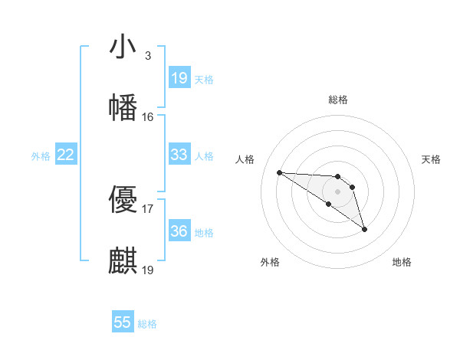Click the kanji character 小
(x=123, y=47)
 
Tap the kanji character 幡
(x=123, y=108)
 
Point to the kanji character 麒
(x=123, y=261)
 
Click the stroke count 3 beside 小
(x=147, y=56)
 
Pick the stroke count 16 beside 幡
(x=147, y=117)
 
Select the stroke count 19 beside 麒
(x=147, y=270)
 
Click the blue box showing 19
(x=179, y=78)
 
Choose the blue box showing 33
(x=179, y=155)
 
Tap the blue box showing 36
(x=179, y=231)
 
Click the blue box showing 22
(x=66, y=155)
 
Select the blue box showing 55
(x=123, y=322)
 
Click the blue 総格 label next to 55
(x=147, y=324)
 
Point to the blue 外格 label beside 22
(x=41, y=156)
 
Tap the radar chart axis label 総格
(x=338, y=100)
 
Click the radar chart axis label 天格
(x=432, y=159)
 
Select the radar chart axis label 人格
(x=245, y=159)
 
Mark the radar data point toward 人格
(x=279, y=172)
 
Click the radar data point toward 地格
(x=364, y=229)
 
